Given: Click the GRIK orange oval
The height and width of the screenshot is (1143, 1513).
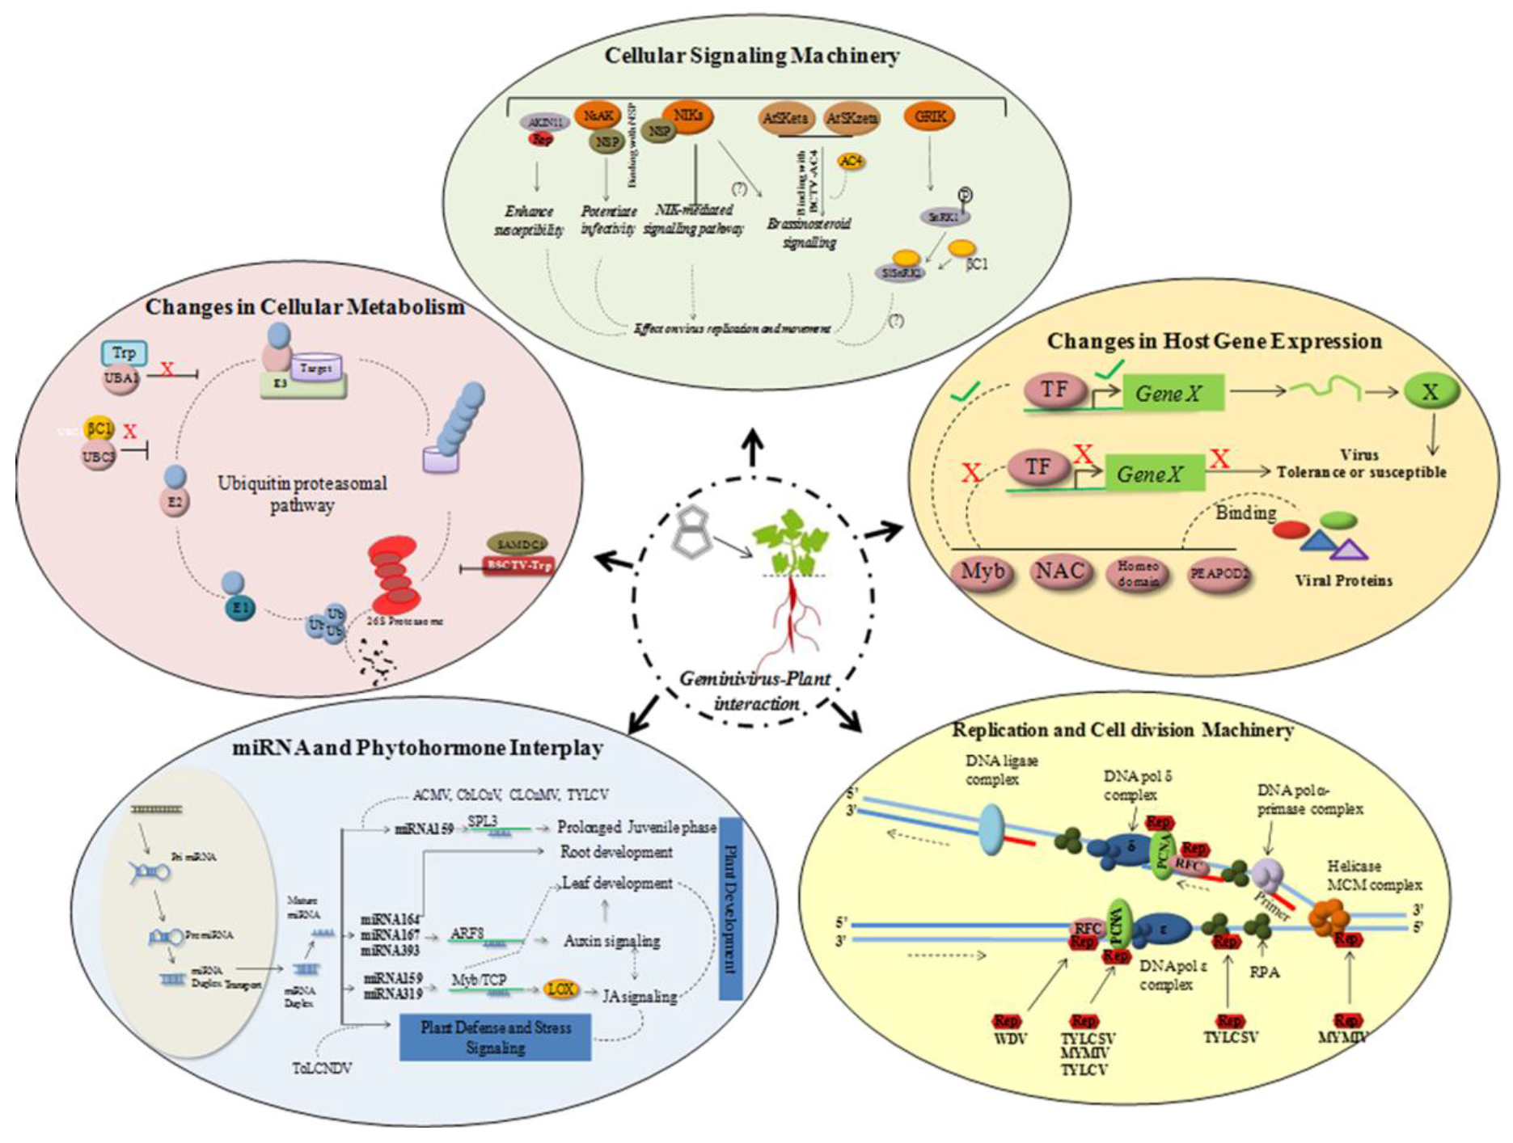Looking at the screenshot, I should click(x=930, y=116).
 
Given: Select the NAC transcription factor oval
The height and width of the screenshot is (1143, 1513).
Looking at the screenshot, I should click(x=1059, y=572).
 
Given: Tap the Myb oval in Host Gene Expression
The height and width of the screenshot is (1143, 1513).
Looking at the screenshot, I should click(x=982, y=572).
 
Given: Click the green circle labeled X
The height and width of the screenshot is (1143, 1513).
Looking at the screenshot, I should click(x=1431, y=392).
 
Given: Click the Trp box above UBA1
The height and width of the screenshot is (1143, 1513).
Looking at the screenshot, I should click(x=124, y=353).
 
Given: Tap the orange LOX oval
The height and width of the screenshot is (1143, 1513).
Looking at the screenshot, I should click(x=560, y=989).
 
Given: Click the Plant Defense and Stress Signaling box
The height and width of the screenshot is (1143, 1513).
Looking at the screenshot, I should click(x=496, y=1038).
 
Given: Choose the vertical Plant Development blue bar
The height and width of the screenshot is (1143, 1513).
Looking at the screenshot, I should click(x=729, y=909).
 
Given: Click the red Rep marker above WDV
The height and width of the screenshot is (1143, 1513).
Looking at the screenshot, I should click(x=1006, y=1021).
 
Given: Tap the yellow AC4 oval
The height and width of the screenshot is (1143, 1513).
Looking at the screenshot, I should click(x=851, y=162).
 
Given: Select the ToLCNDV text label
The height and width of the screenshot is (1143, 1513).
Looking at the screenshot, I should click(x=322, y=1069).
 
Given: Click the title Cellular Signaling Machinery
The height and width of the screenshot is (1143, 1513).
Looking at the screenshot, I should click(x=751, y=56).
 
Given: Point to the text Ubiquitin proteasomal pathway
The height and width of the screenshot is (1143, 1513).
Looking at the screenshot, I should click(x=302, y=494).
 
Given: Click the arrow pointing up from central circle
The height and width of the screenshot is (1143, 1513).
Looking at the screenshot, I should click(x=754, y=446).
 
